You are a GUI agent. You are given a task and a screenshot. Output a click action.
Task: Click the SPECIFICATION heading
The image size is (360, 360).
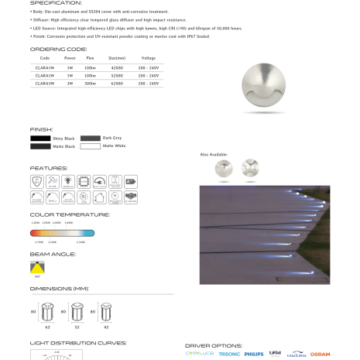click(x=57, y=3)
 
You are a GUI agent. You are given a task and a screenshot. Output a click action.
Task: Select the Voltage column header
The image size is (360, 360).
click(x=148, y=58)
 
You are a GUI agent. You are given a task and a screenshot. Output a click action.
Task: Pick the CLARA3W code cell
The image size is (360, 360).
click(x=44, y=83)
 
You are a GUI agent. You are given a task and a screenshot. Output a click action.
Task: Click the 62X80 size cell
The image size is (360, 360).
click(x=118, y=83)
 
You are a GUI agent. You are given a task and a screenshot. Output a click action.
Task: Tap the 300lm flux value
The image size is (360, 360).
click(x=91, y=83)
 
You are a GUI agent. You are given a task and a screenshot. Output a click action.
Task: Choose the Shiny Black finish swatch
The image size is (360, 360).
click(x=40, y=137)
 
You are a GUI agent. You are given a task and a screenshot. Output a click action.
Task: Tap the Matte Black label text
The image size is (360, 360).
click(x=64, y=146)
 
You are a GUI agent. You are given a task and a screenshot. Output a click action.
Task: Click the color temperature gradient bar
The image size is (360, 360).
click(x=62, y=231)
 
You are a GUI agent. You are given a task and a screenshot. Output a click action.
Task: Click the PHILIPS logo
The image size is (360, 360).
click(x=253, y=354)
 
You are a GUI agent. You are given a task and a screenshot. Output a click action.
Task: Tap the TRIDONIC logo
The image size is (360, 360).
click(x=228, y=354)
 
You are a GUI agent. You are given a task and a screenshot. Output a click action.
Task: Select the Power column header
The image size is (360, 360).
click(x=70, y=58)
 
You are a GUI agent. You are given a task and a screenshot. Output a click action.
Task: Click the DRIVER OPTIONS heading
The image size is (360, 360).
click(x=214, y=345)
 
